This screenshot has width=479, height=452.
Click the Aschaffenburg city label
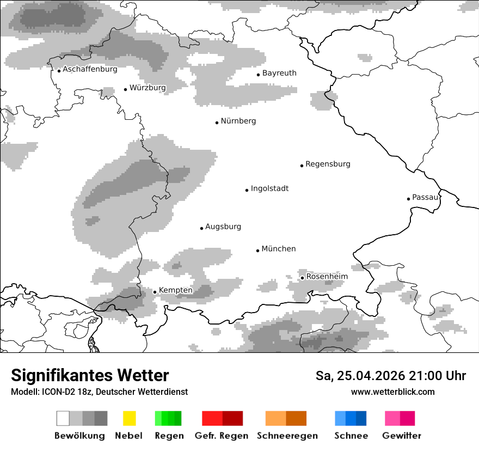point(90,70)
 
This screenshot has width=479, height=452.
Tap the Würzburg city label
point(148,88)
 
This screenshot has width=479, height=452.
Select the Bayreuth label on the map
point(279,74)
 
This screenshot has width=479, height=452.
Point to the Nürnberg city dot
point(217,123)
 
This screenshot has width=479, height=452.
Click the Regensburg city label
point(328,164)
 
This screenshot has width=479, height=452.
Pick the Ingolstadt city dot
point(247,190)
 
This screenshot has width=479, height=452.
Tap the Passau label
point(425,198)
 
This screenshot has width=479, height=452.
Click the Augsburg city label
point(223,227)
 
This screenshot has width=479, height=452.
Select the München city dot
point(258,251)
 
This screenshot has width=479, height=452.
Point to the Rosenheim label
point(327,277)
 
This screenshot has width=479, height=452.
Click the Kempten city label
point(175,291)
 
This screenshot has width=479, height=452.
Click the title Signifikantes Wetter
point(90,376)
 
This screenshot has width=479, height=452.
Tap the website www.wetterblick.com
point(392,392)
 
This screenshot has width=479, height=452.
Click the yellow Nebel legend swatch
point(129,418)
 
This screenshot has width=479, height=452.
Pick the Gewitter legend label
point(401,436)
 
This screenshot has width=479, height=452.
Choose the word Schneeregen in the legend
point(287,436)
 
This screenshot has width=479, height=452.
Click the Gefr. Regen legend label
point(222,436)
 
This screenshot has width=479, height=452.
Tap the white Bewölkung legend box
point(63,418)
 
